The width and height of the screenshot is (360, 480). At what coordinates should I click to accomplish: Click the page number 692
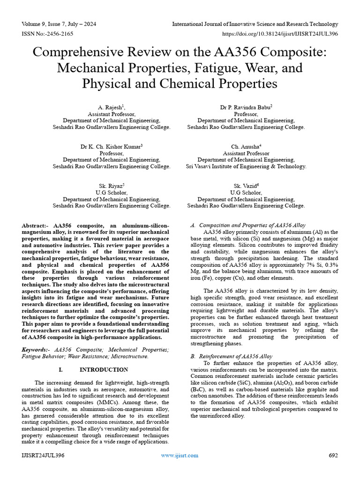(x=333, y=455)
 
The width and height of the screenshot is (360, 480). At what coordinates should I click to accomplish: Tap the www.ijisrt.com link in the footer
(x=180, y=455)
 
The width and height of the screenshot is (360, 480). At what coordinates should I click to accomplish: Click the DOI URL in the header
(x=279, y=34)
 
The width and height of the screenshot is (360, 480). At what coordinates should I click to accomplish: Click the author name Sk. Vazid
(x=246, y=186)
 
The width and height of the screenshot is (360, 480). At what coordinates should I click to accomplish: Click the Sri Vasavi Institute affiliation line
(x=246, y=166)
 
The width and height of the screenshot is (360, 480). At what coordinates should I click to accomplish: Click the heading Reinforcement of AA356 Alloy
(x=235, y=357)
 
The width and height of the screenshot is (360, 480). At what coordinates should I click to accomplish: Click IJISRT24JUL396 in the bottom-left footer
(x=43, y=455)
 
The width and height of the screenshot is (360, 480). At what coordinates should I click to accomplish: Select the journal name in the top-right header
(x=255, y=24)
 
